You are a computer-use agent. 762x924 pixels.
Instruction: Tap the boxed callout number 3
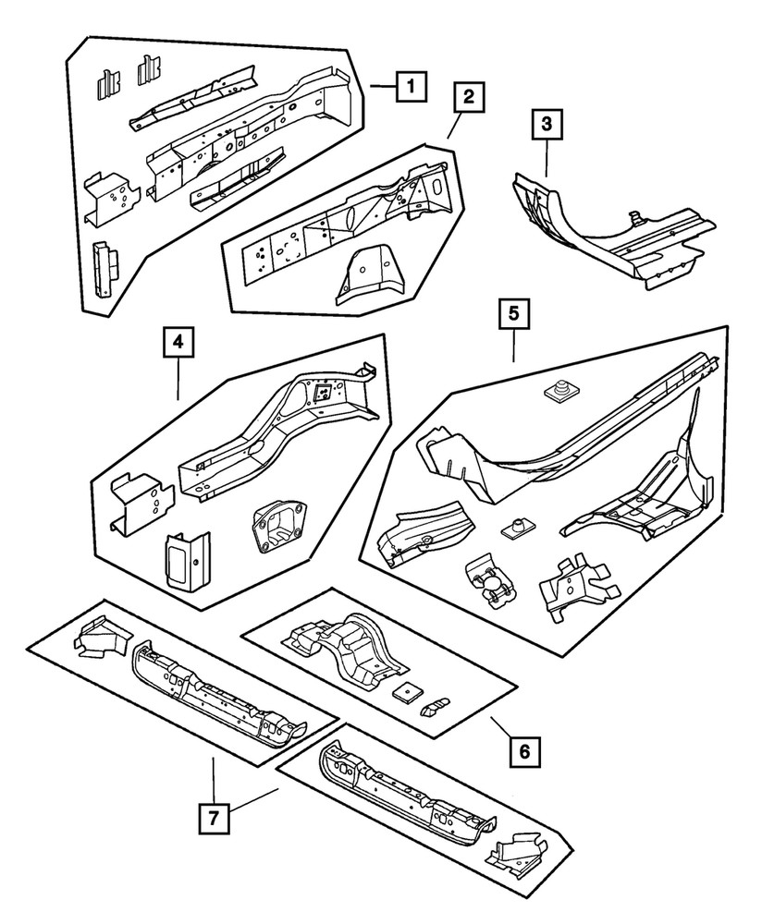pos(547,123)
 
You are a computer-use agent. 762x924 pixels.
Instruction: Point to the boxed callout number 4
pos(178,344)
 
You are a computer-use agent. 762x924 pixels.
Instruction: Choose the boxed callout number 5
pos(513,314)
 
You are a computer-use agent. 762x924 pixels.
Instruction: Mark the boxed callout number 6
pos(523,752)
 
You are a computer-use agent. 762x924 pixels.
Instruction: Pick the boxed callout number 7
pos(214,818)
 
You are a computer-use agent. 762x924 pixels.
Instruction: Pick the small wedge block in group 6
pos(433,707)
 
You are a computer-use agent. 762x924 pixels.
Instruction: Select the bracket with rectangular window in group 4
pos(186,559)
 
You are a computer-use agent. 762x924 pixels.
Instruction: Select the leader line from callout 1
pos(382,87)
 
